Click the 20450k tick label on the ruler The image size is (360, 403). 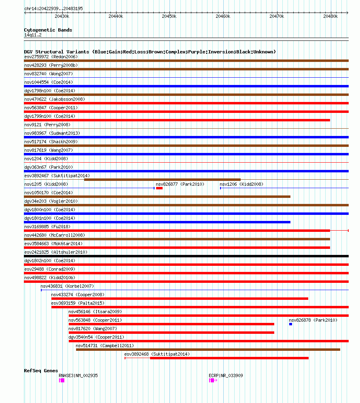[x=169, y=16]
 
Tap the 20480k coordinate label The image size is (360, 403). [x=330, y=16]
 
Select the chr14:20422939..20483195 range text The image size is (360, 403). [x=53, y=8]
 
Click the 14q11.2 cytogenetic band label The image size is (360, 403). [x=33, y=35]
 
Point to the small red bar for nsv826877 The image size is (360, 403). [x=159, y=188]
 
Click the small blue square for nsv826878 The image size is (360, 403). [x=290, y=324]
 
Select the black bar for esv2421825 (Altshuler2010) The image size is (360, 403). [x=186, y=256]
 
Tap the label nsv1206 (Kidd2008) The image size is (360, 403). [x=241, y=184]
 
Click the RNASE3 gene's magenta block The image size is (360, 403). [x=62, y=380]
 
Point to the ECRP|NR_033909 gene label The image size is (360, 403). [x=226, y=375]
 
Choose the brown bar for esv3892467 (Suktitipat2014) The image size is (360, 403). [x=162, y=180]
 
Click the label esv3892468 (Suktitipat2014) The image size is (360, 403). [x=157, y=354]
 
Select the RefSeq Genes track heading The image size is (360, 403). [x=41, y=371]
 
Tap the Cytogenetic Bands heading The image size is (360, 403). [x=48, y=30]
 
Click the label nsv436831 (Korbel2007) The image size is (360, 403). [x=67, y=286]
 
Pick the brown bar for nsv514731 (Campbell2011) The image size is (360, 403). [x=208, y=350]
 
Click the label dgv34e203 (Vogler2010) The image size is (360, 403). [x=51, y=201]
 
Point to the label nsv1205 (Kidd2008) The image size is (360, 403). [x=46, y=184]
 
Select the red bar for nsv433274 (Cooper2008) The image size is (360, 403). [x=180, y=299]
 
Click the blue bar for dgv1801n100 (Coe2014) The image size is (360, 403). [x=157, y=222]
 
